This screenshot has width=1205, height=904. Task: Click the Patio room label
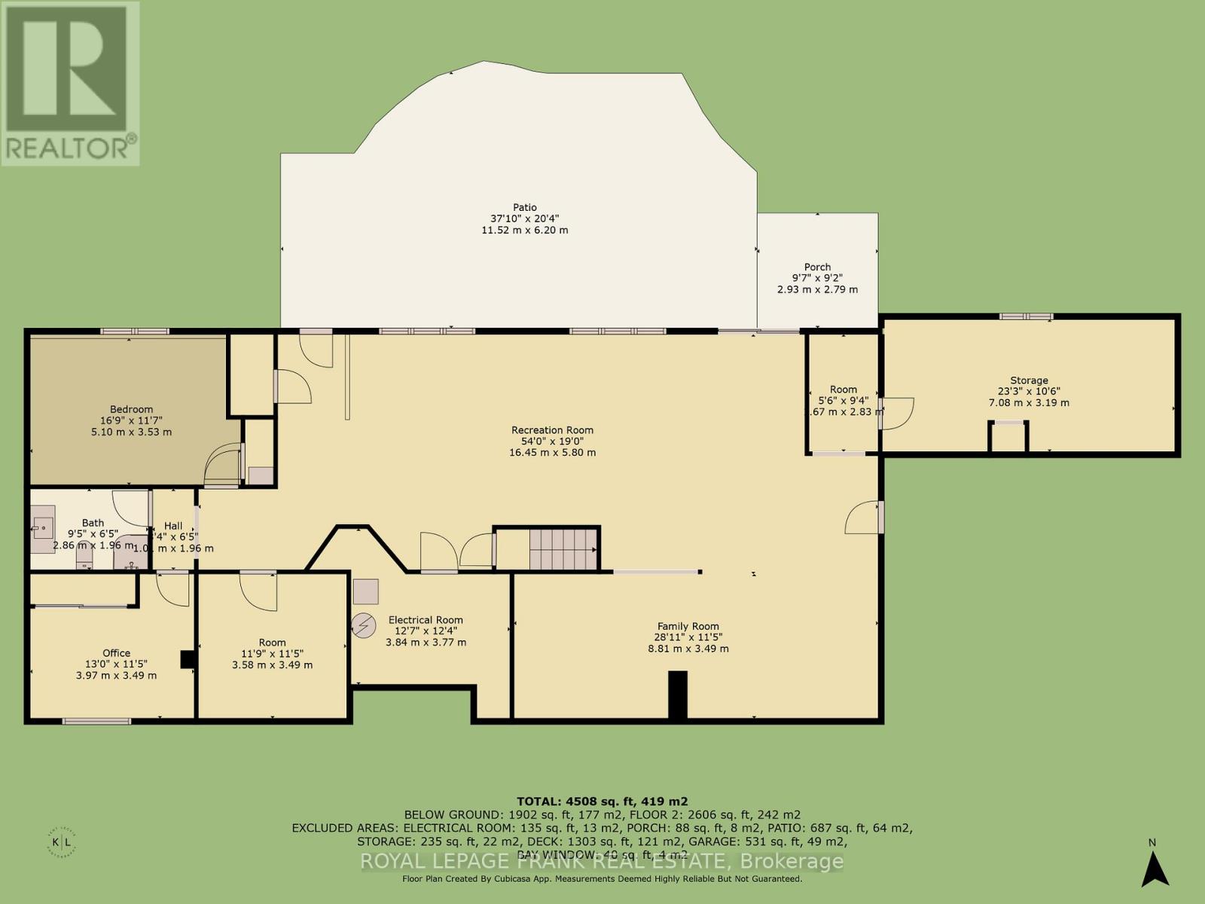(x=525, y=207)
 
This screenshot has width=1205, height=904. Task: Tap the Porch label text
(x=817, y=267)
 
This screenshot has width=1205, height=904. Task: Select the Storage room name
(x=1029, y=380)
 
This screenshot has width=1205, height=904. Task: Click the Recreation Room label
(x=552, y=430)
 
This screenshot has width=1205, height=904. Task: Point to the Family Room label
(x=688, y=626)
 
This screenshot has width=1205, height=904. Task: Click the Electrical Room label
(x=426, y=620)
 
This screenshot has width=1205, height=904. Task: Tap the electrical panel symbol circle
(x=365, y=625)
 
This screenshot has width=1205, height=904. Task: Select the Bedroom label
(x=131, y=409)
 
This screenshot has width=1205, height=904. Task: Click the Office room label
(x=117, y=653)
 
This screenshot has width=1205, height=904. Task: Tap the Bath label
(x=93, y=523)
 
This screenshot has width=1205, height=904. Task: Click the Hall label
(x=173, y=526)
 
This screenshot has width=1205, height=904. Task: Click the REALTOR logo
(x=69, y=83)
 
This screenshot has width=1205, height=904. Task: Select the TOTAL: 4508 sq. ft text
(x=602, y=802)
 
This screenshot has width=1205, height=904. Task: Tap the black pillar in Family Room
(x=678, y=694)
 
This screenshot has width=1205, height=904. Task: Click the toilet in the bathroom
(x=84, y=556)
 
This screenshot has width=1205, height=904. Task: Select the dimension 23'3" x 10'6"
(x=1029, y=392)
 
